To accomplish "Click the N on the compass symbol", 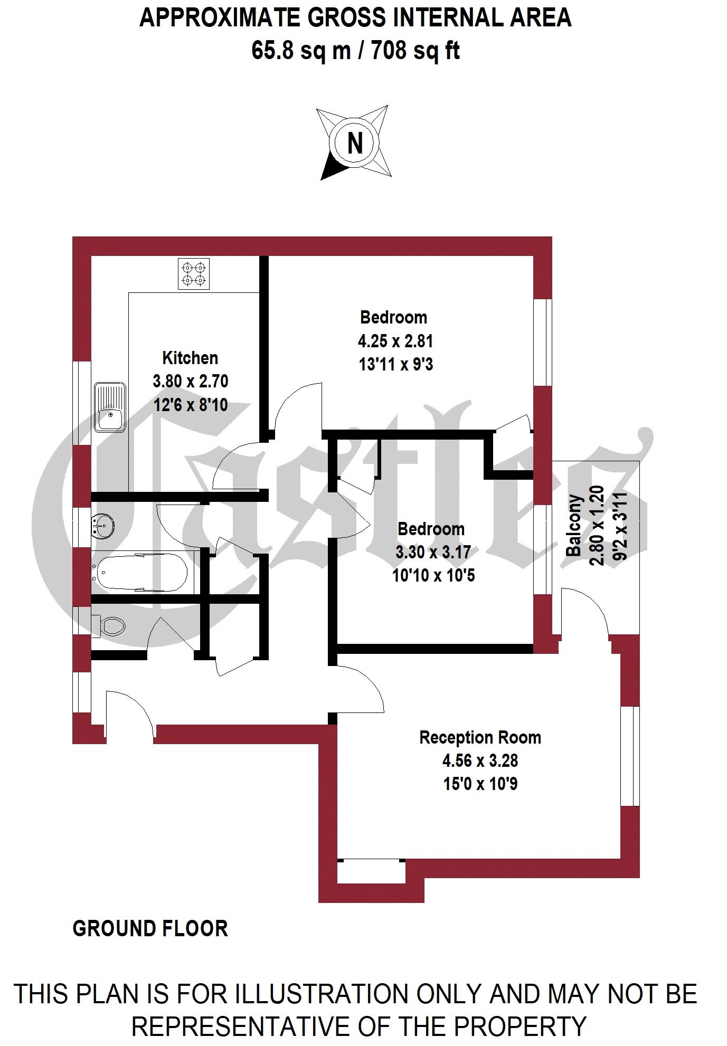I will (355, 142).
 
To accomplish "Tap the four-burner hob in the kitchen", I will (194, 273).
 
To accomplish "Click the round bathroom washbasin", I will (103, 526).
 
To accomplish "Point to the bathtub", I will (141, 572).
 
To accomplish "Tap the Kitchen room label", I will (190, 358).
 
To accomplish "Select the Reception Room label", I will (480, 737).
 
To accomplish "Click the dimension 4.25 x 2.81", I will (395, 341).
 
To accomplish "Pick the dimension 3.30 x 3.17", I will (433, 552).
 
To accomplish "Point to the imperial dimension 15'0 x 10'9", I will (480, 784).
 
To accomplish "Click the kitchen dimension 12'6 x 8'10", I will (190, 405).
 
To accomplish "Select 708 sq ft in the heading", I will (416, 51).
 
